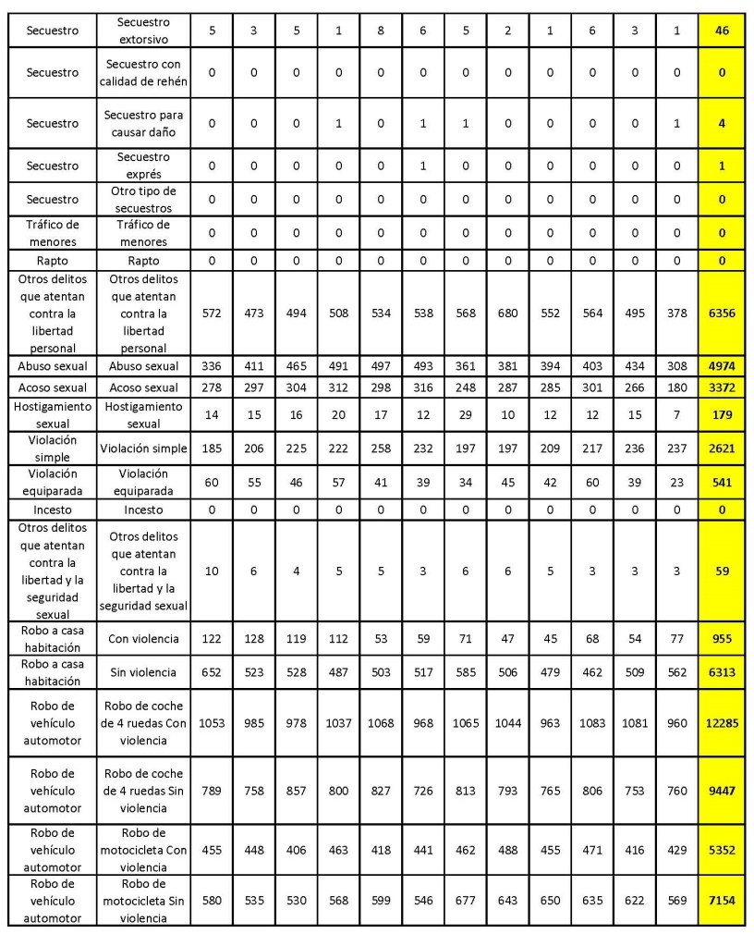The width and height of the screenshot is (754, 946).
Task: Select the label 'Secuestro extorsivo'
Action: pyautogui.click(x=144, y=31)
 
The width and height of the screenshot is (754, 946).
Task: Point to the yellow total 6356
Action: pyautogui.click(x=724, y=313)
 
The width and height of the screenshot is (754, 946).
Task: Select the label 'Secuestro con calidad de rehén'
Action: pyautogui.click(x=144, y=70)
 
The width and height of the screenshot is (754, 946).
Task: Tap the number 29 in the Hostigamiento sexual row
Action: pyautogui.click(x=466, y=416)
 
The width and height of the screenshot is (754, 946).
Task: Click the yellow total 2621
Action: pyautogui.click(x=724, y=448)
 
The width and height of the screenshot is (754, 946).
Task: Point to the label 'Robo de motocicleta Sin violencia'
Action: pyautogui.click(x=144, y=900)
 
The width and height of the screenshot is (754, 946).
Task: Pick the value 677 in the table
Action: pyautogui.click(x=466, y=900)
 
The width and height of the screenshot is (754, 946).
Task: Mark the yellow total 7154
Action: pyautogui.click(x=724, y=900)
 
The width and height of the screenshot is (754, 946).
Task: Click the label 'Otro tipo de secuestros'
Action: pyautogui.click(x=144, y=199)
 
